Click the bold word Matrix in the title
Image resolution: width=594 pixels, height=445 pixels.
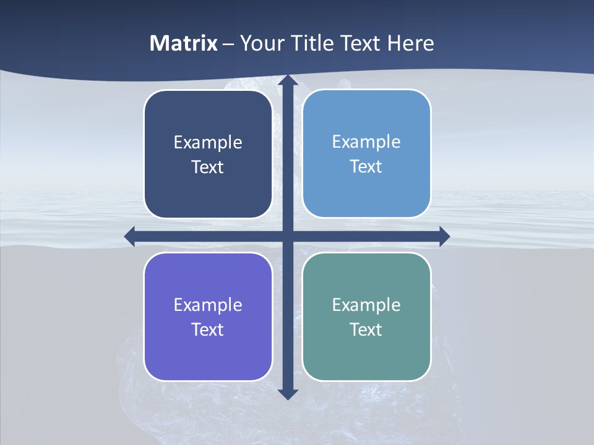point(183,43)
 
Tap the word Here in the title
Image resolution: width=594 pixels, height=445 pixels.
point(411,43)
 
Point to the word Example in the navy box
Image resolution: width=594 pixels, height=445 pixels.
point(208,143)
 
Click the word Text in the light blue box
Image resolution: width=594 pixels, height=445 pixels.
point(366,167)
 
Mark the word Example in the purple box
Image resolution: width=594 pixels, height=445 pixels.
point(208,305)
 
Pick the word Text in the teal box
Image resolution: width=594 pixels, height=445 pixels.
point(366,329)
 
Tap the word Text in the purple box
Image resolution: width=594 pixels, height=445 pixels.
point(208,329)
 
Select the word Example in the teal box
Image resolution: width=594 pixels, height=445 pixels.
point(366,305)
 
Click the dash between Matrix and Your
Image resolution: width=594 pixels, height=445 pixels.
point(228,44)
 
